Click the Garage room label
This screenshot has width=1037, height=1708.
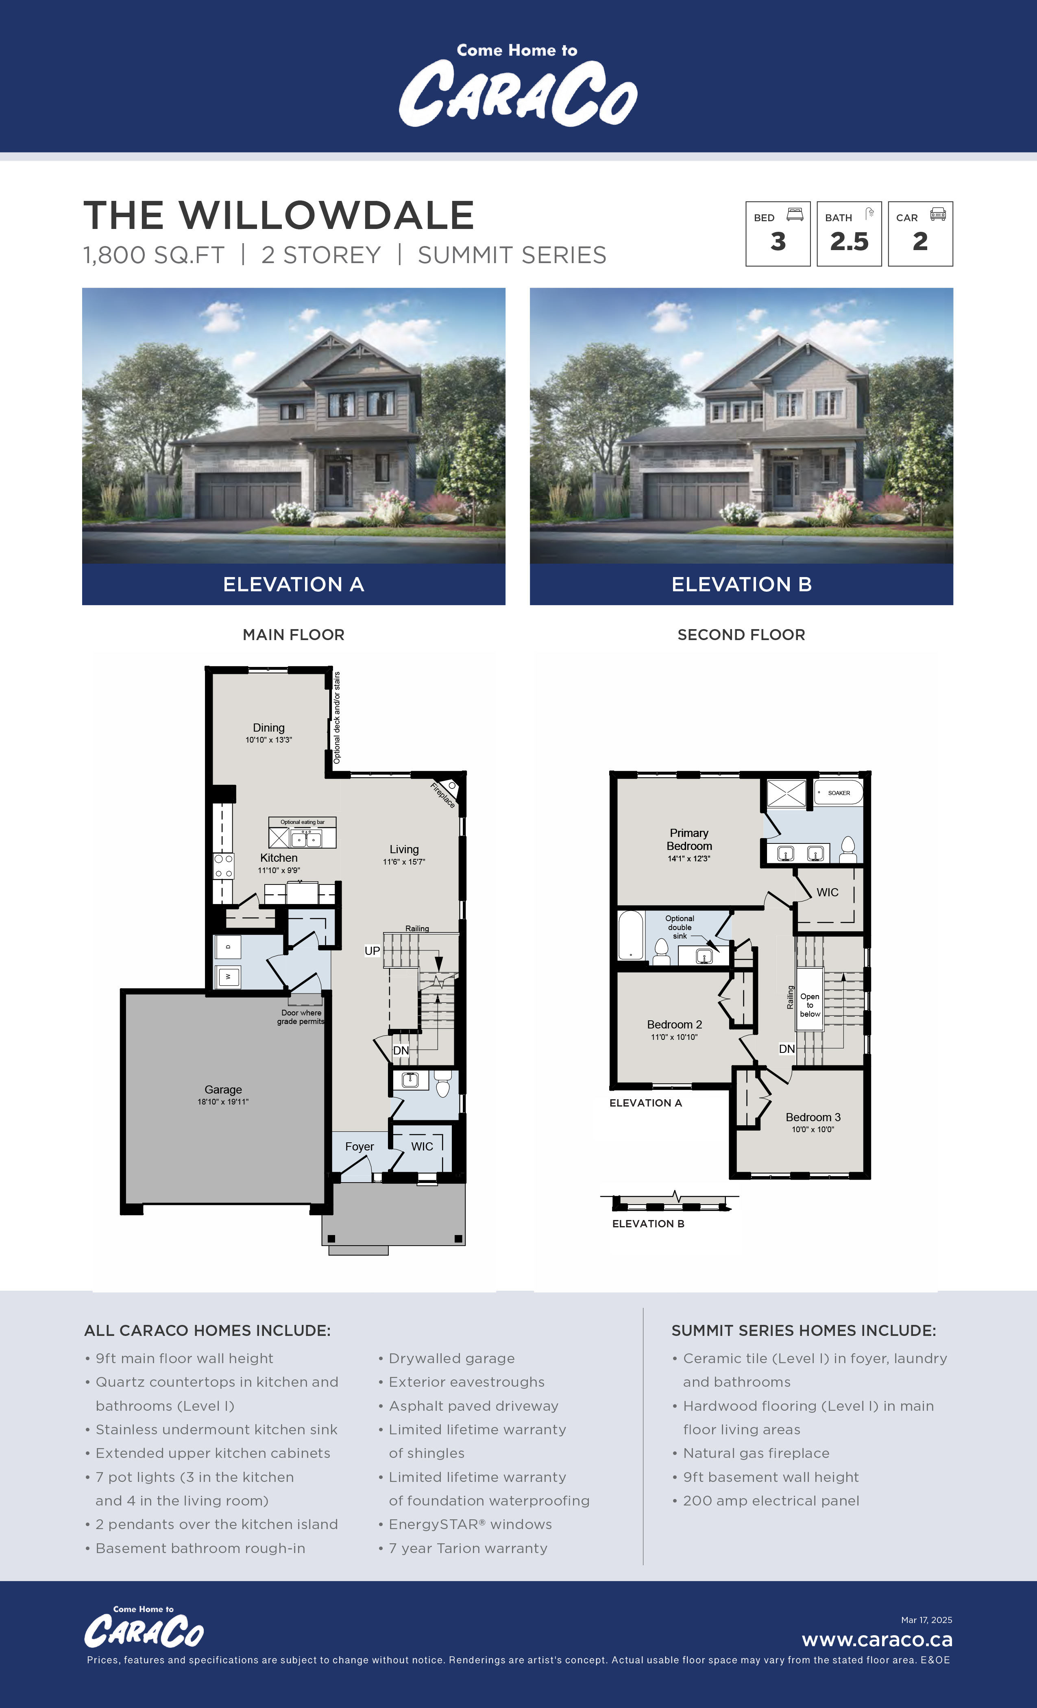click(223, 1090)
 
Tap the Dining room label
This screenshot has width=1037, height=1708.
click(268, 728)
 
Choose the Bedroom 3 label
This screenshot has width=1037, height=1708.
click(813, 1118)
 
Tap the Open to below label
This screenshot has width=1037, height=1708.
click(810, 1005)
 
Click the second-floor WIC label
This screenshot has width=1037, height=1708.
click(828, 892)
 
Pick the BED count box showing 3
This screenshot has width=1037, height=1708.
click(778, 234)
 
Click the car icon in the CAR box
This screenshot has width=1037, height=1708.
click(938, 214)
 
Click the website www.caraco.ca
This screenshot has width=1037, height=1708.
click(877, 1640)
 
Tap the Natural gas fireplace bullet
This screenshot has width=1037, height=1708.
click(756, 1453)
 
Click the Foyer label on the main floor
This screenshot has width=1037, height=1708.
click(359, 1146)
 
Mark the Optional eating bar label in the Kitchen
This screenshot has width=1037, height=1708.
click(302, 822)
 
